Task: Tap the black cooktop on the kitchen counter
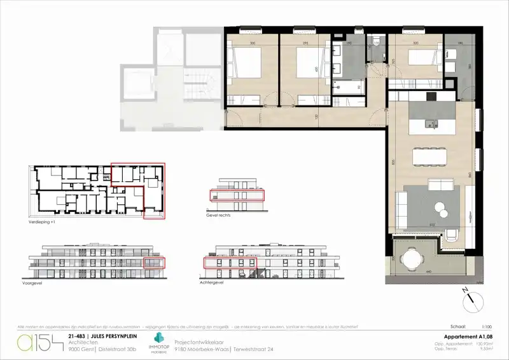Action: (x=431, y=97)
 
